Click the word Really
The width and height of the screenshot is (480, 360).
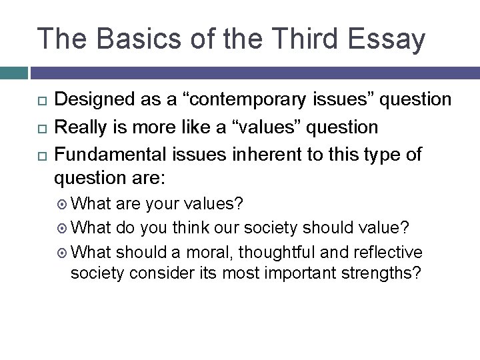pyautogui.click(x=79, y=127)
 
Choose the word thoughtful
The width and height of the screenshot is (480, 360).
pyautogui.click(x=263, y=253)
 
